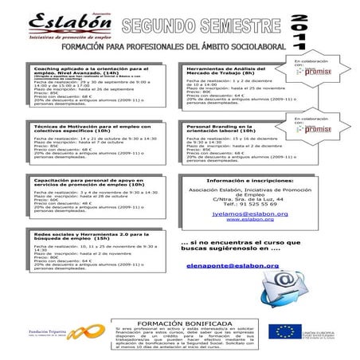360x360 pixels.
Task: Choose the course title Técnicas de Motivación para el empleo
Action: pos(80,128)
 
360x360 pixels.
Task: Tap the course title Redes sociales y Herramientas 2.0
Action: pos(80,237)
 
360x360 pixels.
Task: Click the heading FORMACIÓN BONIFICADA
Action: pos(180,324)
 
